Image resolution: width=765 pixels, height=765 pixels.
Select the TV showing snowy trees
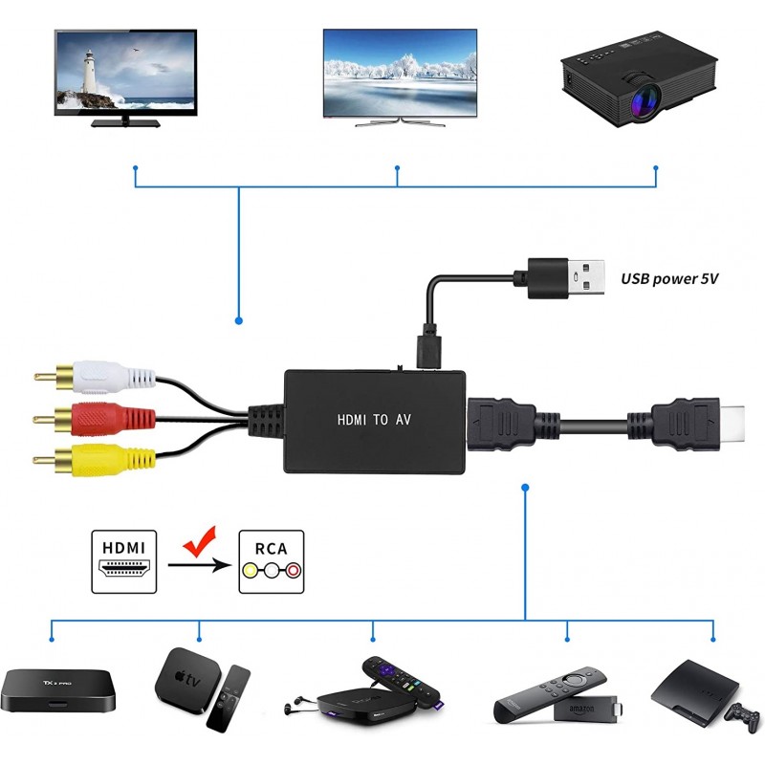(x=400, y=72)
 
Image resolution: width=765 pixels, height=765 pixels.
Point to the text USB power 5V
(x=668, y=279)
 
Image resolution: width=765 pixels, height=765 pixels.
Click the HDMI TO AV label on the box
(x=376, y=419)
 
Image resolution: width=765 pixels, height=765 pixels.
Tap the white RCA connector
(x=96, y=375)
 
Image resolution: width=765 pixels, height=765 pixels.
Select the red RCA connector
(x=91, y=417)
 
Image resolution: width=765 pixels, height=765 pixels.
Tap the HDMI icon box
(x=123, y=561)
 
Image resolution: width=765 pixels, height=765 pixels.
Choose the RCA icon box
(x=272, y=561)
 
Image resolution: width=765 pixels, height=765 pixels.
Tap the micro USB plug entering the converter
(x=426, y=350)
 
